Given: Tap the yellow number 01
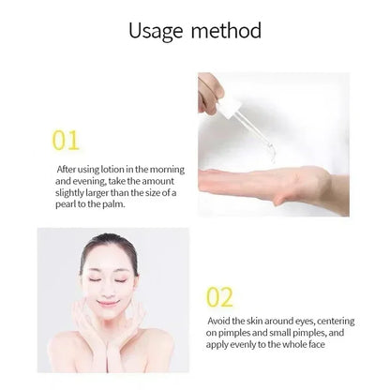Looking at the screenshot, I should [66, 142].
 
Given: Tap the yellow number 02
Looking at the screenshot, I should [218, 298].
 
